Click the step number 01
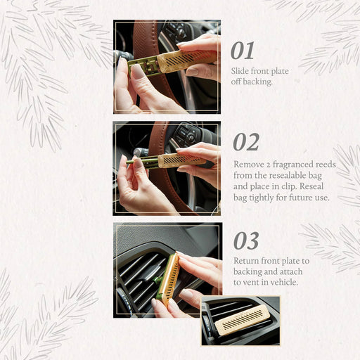pyautogui.click(x=243, y=51)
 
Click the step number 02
pyautogui.click(x=245, y=142)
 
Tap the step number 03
pyautogui.click(x=246, y=240)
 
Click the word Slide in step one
pyautogui.click(x=242, y=71)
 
